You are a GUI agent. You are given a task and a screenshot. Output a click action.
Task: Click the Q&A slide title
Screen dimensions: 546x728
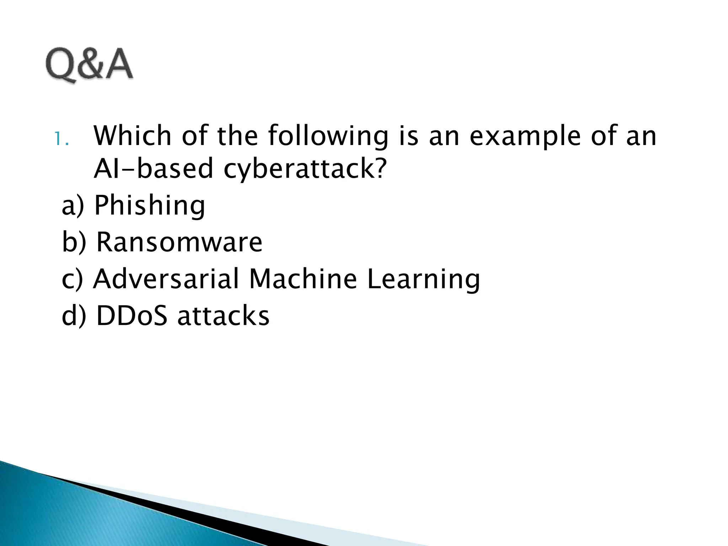(89, 65)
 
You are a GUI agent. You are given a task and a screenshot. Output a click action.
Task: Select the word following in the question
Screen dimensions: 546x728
(328, 136)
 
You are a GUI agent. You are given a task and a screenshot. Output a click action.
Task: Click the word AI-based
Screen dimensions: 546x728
(153, 168)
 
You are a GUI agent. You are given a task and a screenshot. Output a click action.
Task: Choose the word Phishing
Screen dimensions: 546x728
(150, 205)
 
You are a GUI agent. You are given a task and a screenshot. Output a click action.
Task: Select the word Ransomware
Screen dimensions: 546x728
(180, 242)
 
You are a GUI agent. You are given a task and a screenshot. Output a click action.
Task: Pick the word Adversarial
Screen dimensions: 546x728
(166, 279)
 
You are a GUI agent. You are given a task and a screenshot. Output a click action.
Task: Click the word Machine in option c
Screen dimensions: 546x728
(303, 279)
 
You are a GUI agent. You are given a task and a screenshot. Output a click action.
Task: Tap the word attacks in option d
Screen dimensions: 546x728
(224, 316)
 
